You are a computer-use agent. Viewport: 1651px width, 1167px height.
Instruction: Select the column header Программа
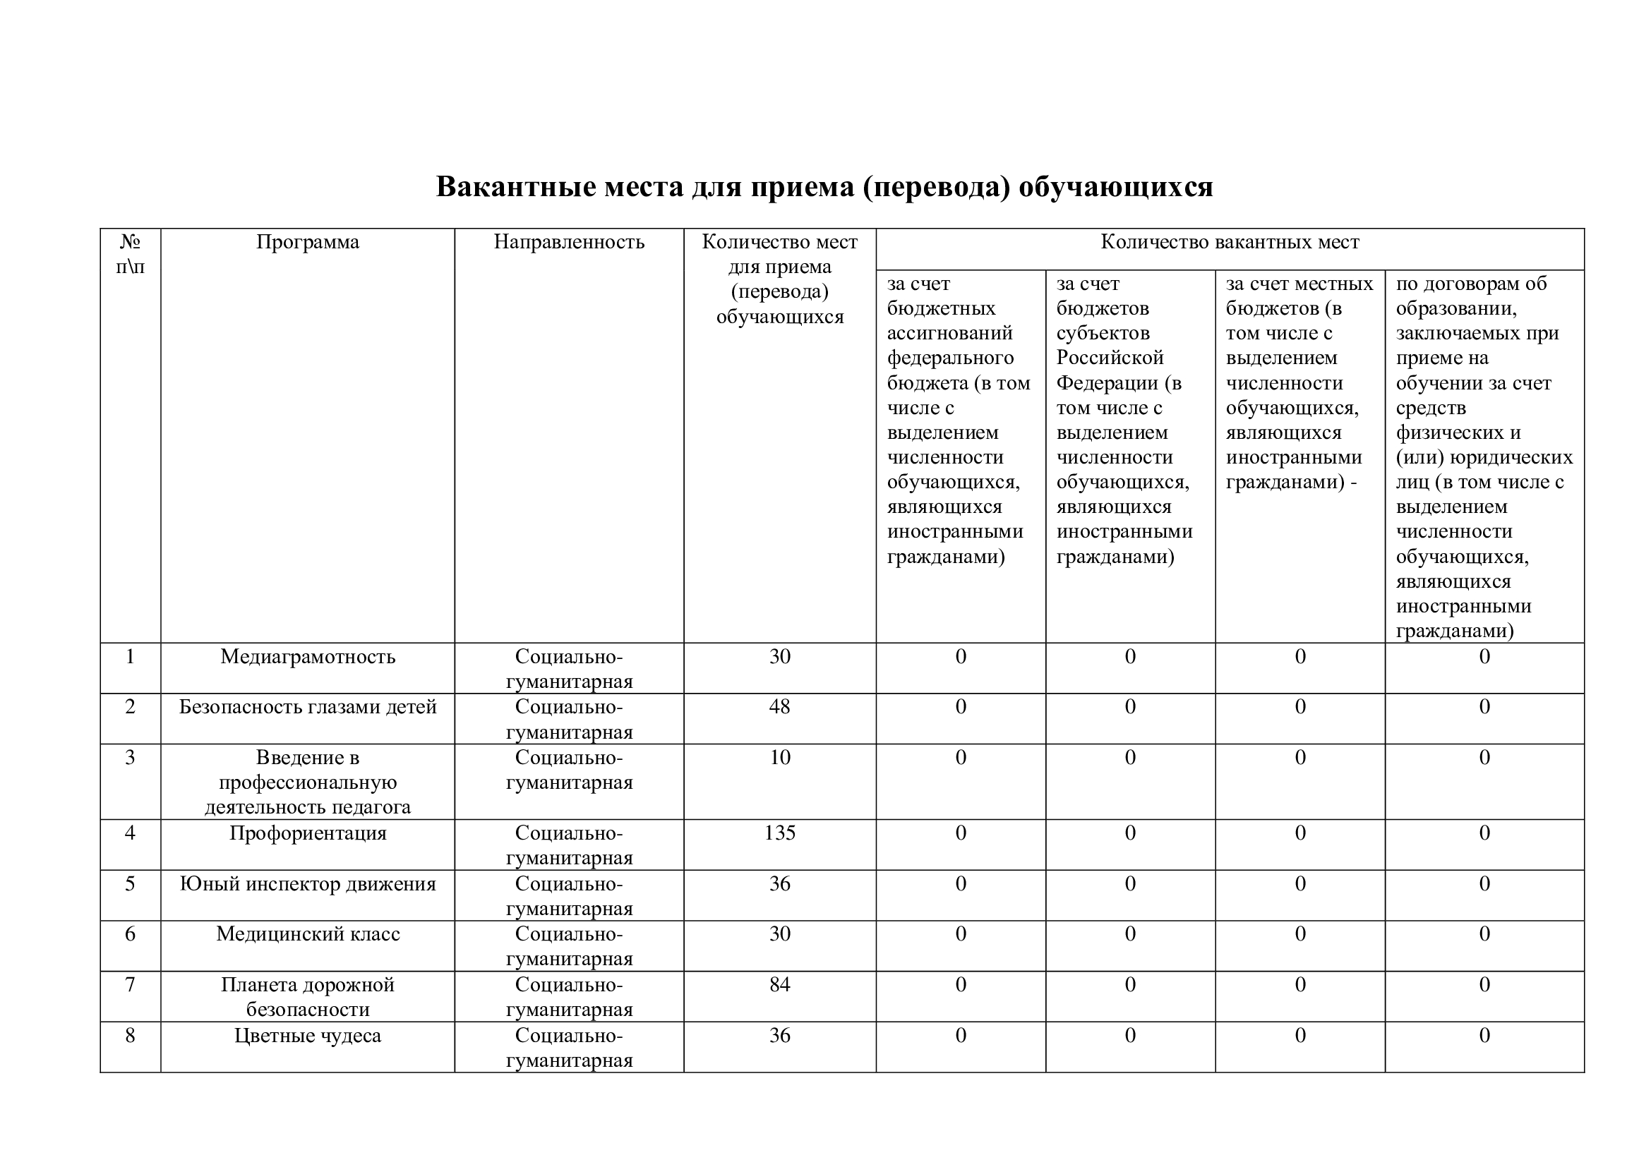(x=308, y=242)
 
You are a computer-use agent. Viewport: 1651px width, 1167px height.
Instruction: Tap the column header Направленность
(x=569, y=242)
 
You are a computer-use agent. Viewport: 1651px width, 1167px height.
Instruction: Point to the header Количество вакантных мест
(x=1230, y=242)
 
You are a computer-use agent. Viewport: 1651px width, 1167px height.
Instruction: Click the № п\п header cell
(x=130, y=254)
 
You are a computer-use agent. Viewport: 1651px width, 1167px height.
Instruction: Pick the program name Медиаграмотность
(x=308, y=657)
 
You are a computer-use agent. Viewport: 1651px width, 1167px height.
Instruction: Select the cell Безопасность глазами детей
(x=308, y=707)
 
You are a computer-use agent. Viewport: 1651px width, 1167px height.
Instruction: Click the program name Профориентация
(x=308, y=833)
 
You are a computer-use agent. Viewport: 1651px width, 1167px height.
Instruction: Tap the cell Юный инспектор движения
(x=308, y=884)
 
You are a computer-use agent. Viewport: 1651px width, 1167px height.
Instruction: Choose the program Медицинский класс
(x=308, y=934)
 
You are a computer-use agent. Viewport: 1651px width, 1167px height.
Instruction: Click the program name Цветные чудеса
(x=308, y=1036)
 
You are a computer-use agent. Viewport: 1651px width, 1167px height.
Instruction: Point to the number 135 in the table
(x=779, y=833)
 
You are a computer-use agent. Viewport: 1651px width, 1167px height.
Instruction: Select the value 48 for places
(x=779, y=707)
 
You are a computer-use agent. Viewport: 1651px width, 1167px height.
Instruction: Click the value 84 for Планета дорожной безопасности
(x=779, y=984)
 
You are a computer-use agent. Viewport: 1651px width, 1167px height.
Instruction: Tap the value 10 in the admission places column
(x=779, y=757)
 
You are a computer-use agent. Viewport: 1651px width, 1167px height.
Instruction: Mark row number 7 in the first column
(x=130, y=984)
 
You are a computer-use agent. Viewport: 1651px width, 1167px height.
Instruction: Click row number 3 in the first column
(x=130, y=757)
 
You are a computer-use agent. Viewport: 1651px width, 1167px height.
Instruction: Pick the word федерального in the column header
(x=950, y=358)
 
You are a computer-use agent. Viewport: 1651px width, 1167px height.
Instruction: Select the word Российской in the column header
(x=1110, y=358)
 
